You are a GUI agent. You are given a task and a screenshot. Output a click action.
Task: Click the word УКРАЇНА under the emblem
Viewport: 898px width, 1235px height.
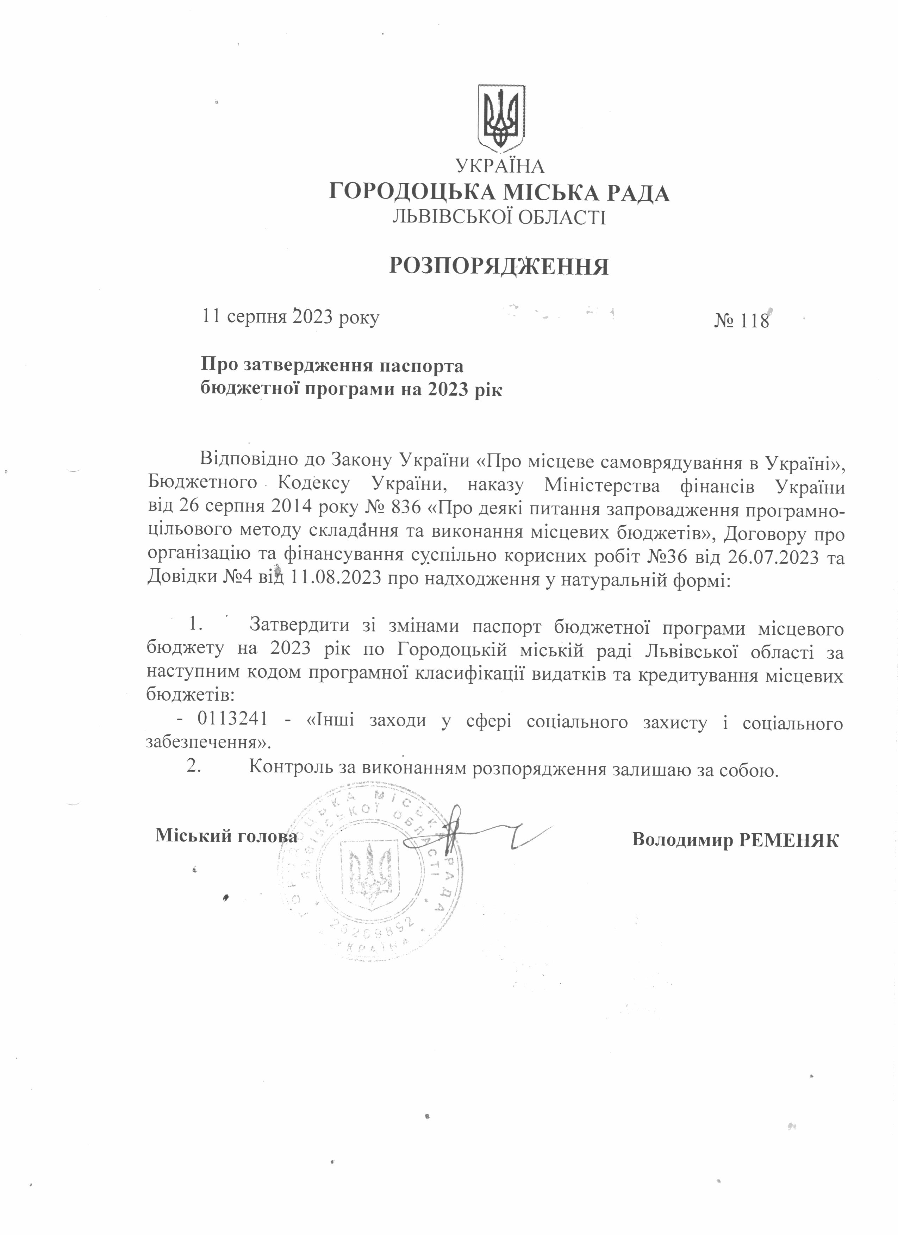click(500, 165)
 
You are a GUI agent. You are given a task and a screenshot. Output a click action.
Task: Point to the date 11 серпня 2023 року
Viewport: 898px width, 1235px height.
click(291, 316)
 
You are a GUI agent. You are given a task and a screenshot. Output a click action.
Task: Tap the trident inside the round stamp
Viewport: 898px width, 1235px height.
click(370, 871)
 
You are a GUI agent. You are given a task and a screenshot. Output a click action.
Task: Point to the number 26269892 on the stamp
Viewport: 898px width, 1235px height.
click(373, 934)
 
